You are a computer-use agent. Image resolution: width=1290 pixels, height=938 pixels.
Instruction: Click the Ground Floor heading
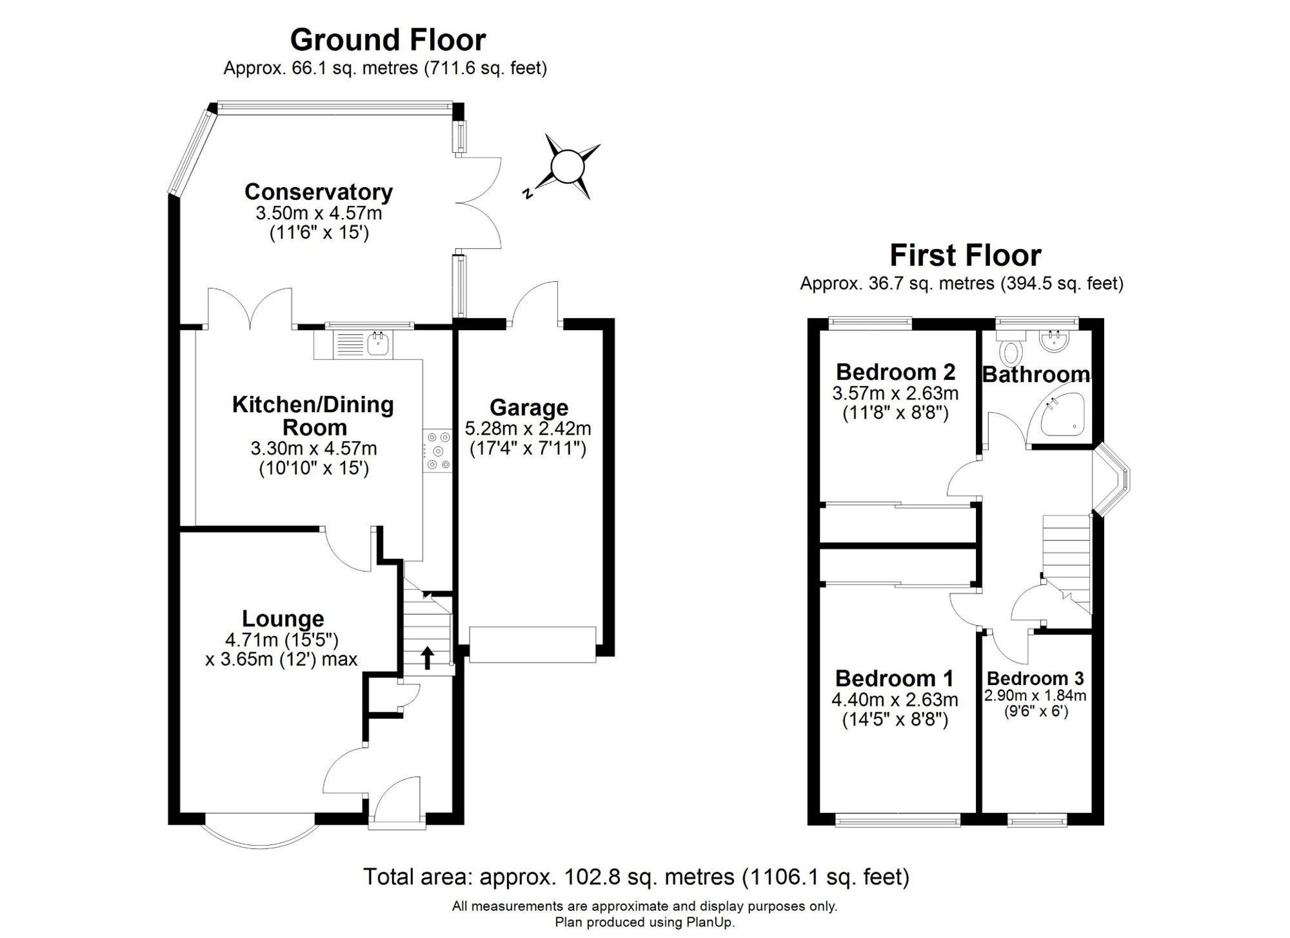pyautogui.click(x=388, y=40)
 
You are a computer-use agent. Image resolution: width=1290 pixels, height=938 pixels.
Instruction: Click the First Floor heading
pyautogui.click(x=966, y=255)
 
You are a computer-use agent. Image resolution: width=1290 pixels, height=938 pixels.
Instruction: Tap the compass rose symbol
pyautogui.click(x=565, y=167)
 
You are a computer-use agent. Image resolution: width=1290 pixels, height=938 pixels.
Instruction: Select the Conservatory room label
pyautogui.click(x=319, y=192)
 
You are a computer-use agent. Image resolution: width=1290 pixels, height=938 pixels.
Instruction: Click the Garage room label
pyautogui.click(x=529, y=408)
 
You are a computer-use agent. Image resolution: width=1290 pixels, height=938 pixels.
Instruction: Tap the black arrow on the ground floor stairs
pyautogui.click(x=427, y=659)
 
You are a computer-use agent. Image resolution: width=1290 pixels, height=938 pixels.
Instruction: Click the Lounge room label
pyautogui.click(x=283, y=619)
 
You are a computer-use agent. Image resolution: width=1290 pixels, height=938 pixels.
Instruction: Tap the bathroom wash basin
pyautogui.click(x=1056, y=341)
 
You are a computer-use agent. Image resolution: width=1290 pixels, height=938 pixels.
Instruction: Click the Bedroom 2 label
pyautogui.click(x=895, y=372)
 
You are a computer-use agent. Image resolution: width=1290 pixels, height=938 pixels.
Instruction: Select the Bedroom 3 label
pyautogui.click(x=1035, y=679)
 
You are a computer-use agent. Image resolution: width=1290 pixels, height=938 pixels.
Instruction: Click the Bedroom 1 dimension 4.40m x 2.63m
pyautogui.click(x=895, y=700)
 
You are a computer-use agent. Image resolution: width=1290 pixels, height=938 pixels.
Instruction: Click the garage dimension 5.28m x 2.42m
pyautogui.click(x=528, y=428)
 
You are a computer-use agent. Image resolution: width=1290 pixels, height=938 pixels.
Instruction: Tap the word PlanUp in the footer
pyautogui.click(x=708, y=923)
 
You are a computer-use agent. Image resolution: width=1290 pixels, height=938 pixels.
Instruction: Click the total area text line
pyautogui.click(x=637, y=877)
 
